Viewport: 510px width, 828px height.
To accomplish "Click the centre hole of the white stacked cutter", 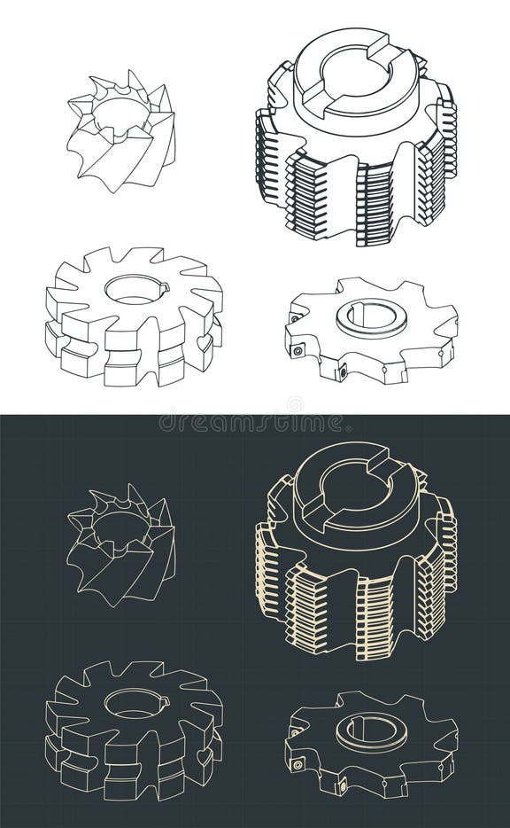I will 133,289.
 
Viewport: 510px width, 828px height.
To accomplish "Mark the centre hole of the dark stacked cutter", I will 133,703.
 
